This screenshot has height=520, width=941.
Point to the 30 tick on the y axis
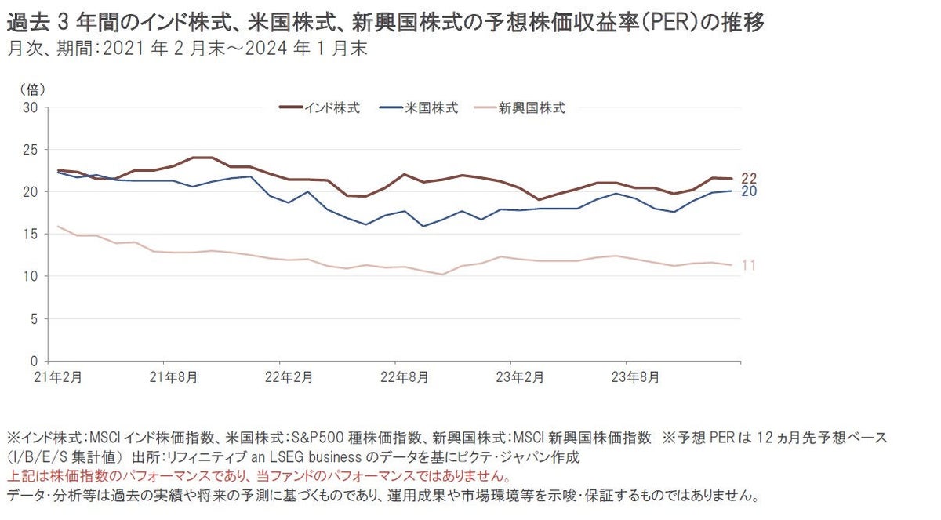coord(31,107)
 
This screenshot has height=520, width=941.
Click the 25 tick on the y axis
coord(31,149)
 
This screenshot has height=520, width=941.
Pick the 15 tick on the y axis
coord(31,234)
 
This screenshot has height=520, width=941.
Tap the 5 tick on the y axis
coord(35,318)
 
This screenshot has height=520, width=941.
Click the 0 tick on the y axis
coord(35,362)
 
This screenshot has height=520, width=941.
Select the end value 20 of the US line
coord(749,191)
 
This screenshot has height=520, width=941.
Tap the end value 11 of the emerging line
coord(749,266)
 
